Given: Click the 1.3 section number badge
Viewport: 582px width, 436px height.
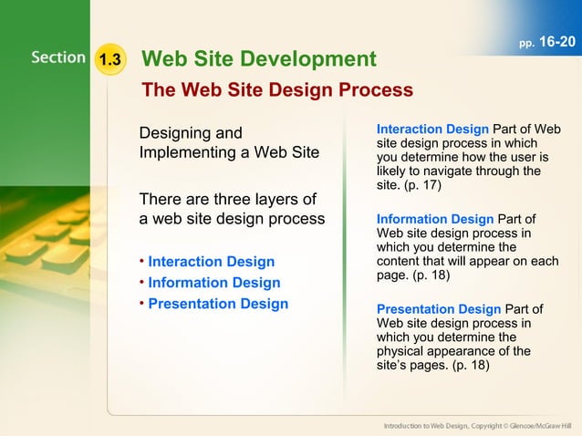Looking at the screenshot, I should [x=110, y=60].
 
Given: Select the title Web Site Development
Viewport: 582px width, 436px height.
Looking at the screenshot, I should [x=259, y=59].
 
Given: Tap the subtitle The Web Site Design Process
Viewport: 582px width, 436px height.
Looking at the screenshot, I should [x=276, y=90].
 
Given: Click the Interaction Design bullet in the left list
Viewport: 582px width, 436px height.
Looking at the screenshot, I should [x=211, y=263].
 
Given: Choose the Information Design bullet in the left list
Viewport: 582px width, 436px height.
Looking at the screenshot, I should [x=213, y=283].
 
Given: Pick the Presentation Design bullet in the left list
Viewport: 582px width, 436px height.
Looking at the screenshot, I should [x=217, y=304].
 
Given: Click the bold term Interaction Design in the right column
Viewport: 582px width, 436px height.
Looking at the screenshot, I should [x=432, y=130].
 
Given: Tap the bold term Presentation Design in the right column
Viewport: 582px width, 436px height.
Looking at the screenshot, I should [x=439, y=309].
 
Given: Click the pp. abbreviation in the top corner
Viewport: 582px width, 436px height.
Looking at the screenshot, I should [x=527, y=44].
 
